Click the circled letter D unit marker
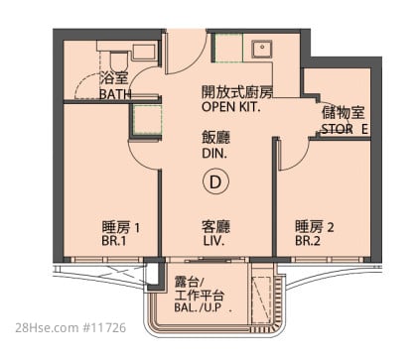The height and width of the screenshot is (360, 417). [x=215, y=181]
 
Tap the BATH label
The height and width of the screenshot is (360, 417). [x=115, y=94]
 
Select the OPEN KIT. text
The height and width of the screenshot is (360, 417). [x=231, y=107]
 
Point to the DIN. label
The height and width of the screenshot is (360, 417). [x=214, y=154]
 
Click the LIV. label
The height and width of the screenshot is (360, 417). [x=213, y=241]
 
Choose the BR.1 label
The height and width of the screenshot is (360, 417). [x=114, y=241]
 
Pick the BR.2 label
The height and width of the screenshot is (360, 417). [x=308, y=241]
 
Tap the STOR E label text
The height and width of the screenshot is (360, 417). [x=345, y=129]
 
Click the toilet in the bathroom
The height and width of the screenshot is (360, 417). [x=118, y=61]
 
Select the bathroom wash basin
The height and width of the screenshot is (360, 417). [x=144, y=52]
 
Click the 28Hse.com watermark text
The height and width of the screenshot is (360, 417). [x=47, y=327]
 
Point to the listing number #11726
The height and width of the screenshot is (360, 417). [x=104, y=327]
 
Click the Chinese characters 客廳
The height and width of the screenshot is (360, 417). [x=215, y=227]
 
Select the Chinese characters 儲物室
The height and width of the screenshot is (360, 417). [x=344, y=113]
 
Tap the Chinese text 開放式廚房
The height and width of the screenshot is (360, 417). [x=237, y=92]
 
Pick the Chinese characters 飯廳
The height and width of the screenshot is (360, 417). [x=215, y=138]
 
